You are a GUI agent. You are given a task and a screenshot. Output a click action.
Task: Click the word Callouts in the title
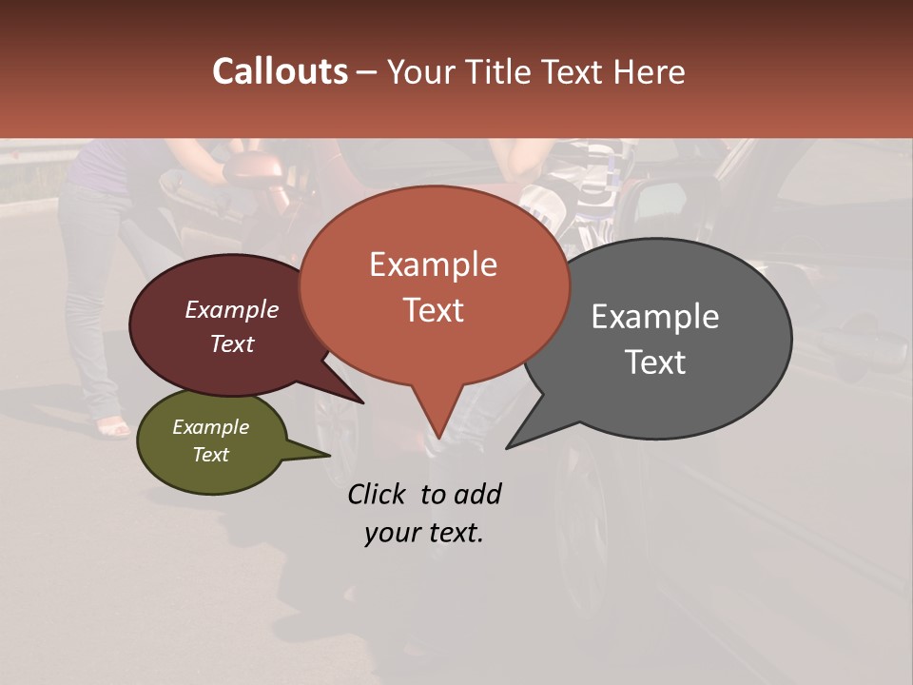[280, 71]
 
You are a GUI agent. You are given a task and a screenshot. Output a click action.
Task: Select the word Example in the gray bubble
[655, 317]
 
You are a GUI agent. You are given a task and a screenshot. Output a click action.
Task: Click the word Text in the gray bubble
[655, 362]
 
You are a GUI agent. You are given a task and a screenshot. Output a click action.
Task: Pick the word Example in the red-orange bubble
[433, 264]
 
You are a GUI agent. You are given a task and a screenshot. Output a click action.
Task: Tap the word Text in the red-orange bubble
[433, 309]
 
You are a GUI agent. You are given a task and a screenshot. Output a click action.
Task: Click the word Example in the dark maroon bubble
[231, 309]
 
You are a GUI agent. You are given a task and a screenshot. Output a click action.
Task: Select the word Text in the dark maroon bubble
[231, 343]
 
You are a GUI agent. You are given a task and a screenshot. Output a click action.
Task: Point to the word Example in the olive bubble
[210, 427]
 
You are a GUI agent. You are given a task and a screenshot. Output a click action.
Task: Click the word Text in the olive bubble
[210, 455]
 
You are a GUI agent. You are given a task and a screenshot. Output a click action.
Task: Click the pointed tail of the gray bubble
[518, 440]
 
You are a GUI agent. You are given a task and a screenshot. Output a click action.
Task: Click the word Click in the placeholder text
[379, 494]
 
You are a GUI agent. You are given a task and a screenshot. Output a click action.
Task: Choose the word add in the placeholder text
[476, 494]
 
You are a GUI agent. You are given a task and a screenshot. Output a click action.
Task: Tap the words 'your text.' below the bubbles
[424, 533]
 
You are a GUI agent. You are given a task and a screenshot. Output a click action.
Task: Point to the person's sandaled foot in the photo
[112, 427]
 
